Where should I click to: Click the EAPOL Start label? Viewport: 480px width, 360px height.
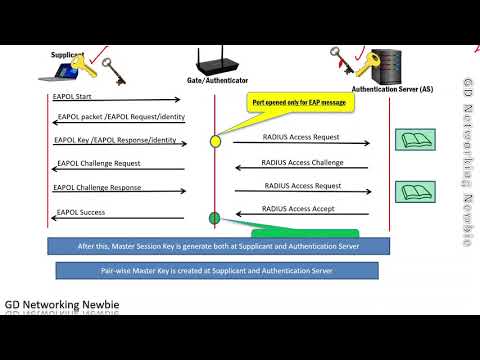point(73,96)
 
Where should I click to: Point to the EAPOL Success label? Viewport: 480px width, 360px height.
point(80,212)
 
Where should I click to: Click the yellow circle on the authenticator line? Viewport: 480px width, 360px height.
point(215,142)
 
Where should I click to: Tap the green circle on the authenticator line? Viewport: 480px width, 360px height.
point(214,218)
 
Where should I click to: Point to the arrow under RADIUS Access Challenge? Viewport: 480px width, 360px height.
point(301,170)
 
